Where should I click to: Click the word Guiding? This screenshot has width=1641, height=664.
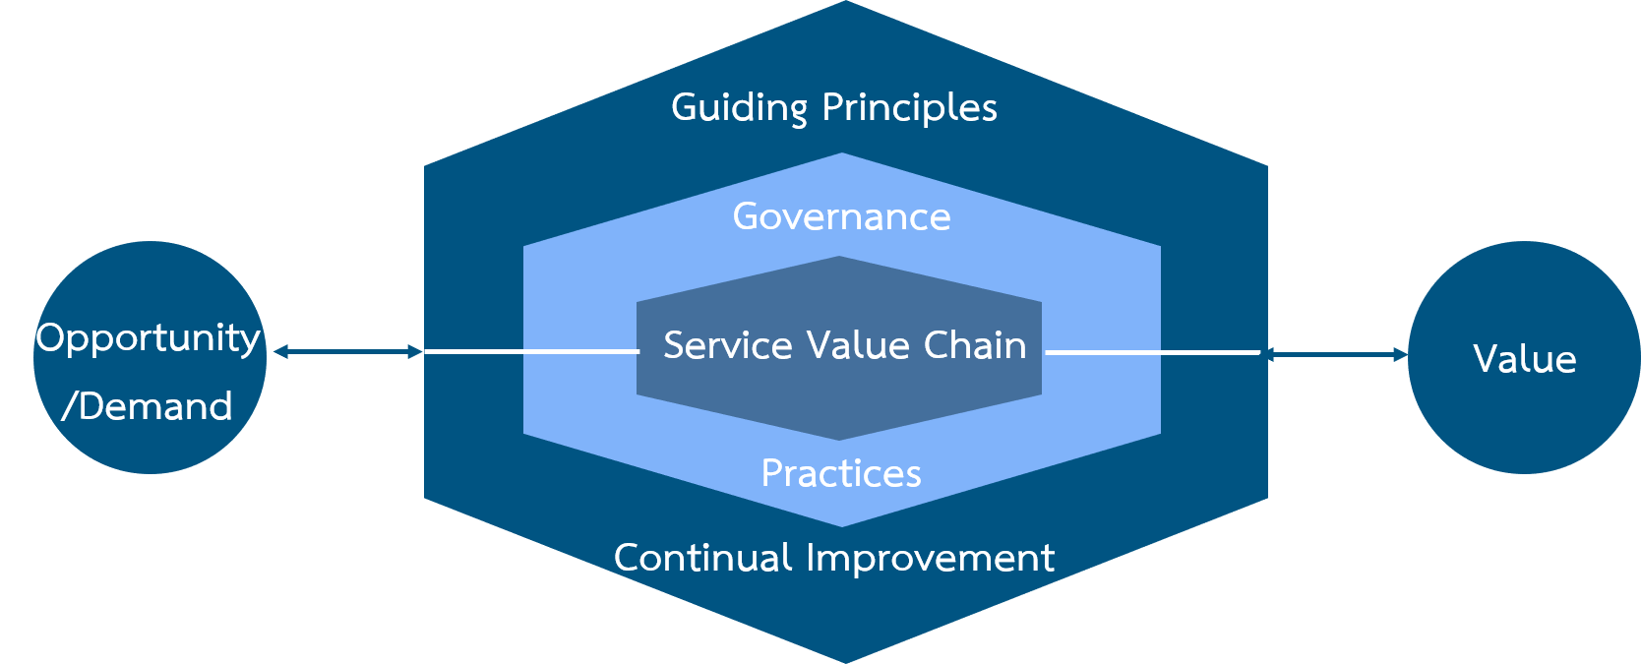tap(739, 108)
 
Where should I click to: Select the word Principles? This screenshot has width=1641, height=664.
tap(909, 108)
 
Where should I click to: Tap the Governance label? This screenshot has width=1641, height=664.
tap(842, 217)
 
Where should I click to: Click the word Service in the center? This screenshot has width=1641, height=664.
tap(727, 345)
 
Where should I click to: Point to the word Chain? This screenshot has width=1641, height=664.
tap(975, 344)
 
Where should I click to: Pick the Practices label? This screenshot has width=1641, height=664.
tap(841, 473)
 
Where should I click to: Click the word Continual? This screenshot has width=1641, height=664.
tap(703, 558)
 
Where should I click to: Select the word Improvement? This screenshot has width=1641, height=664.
tap(931, 559)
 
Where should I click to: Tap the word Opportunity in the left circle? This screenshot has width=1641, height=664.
tap(149, 339)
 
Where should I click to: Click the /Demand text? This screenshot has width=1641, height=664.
tap(147, 406)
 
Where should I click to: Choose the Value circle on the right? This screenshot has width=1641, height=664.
tap(1524, 358)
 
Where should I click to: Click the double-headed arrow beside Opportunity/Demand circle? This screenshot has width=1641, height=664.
tap(348, 352)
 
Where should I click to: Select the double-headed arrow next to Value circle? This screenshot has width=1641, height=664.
tap(1337, 355)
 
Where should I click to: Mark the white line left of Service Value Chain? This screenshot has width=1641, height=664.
tap(532, 352)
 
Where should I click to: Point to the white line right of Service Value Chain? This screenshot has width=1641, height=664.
tap(1152, 352)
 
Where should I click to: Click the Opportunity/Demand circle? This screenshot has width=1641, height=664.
tap(150, 358)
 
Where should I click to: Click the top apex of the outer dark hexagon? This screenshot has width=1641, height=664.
tap(846, 1)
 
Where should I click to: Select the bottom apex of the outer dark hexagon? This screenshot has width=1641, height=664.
tap(846, 663)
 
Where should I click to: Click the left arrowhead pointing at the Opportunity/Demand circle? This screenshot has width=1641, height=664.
tap(279, 352)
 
